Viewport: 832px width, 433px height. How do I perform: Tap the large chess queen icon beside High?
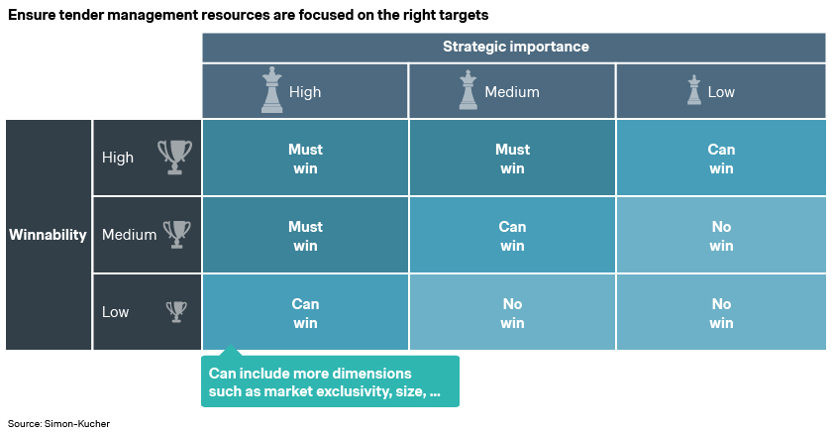271,90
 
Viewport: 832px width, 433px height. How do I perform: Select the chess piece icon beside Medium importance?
468,90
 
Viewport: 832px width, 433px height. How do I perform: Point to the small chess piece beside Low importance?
694,90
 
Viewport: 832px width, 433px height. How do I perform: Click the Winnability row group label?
48,235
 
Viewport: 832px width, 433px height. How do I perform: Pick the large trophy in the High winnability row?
174,158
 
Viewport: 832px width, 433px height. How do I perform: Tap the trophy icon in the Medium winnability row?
176,234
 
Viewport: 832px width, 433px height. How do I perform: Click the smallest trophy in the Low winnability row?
176,311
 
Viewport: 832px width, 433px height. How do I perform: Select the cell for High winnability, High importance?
305,158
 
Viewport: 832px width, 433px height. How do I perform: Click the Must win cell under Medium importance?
512,158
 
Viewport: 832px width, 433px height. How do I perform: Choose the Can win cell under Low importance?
721,158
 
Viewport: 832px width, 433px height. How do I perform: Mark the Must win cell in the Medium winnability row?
305,235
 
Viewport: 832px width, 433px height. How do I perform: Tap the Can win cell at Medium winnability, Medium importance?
512,235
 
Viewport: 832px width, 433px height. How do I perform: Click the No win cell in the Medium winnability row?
721,235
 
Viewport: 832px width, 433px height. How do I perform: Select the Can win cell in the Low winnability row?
305,312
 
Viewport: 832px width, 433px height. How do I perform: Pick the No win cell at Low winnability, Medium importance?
512,312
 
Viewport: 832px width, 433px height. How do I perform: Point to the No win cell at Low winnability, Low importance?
721,312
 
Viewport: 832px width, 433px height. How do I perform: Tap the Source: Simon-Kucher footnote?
58,423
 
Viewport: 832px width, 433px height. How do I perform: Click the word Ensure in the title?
32,15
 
